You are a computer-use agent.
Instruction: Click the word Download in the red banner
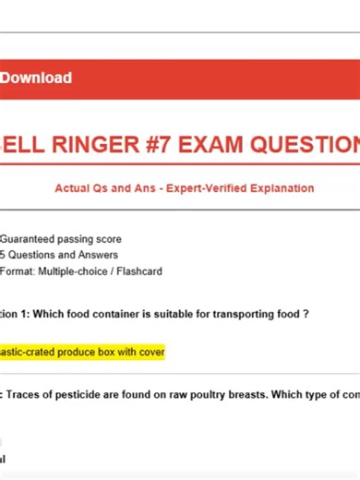coord(36,78)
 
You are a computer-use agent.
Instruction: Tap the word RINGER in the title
coord(113,145)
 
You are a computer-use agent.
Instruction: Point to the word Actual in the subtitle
coord(74,188)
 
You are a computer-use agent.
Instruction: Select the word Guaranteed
coord(32,238)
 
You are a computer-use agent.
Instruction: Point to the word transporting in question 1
coord(242,314)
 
